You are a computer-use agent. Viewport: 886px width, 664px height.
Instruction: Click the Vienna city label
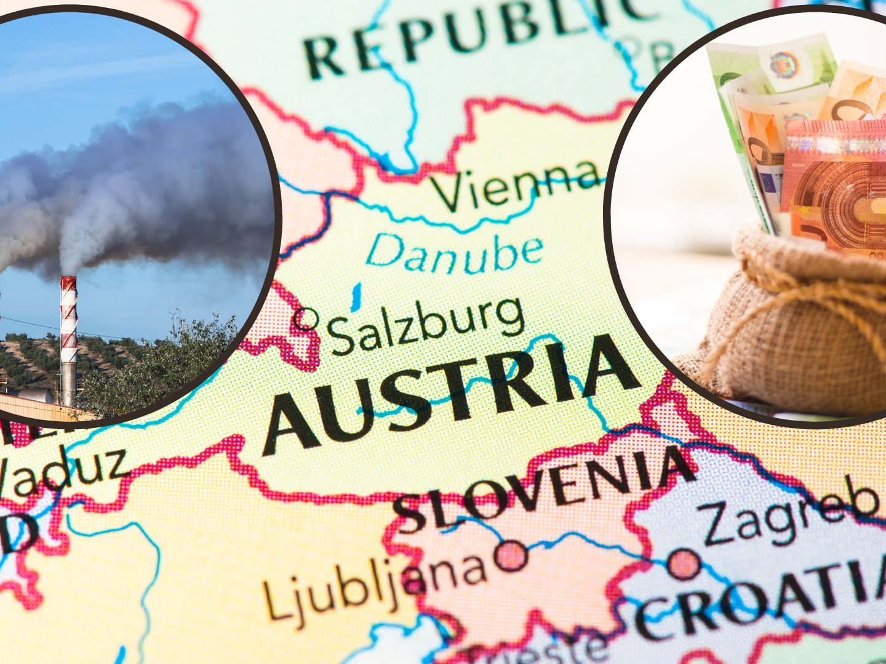coord(516,183)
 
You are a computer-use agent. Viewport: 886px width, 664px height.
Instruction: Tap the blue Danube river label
coord(454,252)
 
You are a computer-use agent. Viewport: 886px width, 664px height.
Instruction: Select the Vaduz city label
coord(62,473)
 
